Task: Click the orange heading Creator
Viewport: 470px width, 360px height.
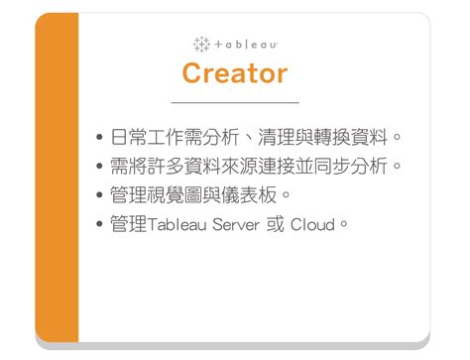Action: [x=235, y=72]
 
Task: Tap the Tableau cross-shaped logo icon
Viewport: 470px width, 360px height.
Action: [x=201, y=44]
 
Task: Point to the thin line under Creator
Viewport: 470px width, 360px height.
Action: [x=235, y=102]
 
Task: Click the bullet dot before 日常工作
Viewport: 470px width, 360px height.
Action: [x=101, y=137]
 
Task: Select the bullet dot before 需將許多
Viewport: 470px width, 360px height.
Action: [x=101, y=166]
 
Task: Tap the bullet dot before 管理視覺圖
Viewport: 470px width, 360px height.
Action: [x=101, y=194]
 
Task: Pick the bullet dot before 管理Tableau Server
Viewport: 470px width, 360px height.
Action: [x=101, y=224]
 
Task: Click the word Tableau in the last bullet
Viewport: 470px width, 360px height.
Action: [x=176, y=224]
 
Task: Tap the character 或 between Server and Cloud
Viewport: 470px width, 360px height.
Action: [x=275, y=224]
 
